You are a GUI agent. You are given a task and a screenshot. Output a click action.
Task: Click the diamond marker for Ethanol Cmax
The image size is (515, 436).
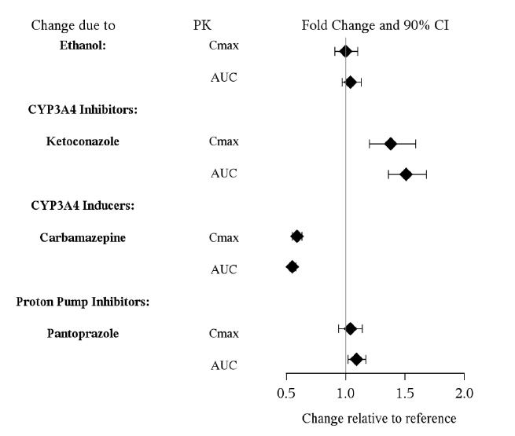click(345, 52)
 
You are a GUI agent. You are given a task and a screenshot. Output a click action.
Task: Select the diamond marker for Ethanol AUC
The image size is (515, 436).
click(350, 82)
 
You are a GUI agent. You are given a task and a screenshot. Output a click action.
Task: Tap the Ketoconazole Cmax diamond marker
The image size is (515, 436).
click(390, 144)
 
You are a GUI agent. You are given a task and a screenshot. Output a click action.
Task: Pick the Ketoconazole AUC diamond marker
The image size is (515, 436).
click(406, 174)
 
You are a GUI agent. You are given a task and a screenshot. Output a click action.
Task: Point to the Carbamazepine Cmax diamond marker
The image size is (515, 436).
click(296, 236)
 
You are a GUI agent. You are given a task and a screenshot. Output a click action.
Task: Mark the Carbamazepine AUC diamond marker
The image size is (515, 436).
click(292, 267)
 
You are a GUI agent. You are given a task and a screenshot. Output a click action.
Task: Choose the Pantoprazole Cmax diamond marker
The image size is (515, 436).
click(351, 328)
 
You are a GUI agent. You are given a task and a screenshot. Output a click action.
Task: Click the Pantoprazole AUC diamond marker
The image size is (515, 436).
click(356, 359)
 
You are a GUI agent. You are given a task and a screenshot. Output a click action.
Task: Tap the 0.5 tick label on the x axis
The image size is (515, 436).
click(286, 392)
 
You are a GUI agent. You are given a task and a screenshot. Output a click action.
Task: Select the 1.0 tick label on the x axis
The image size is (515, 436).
click(346, 392)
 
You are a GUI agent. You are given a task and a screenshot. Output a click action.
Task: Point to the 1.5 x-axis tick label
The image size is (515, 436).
click(405, 392)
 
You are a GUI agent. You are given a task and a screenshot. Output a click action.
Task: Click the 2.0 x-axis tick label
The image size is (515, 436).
click(465, 392)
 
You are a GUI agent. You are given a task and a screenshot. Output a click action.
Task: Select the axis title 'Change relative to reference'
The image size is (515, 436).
click(378, 418)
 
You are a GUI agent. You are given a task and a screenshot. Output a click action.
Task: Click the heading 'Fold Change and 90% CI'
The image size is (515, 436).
click(375, 26)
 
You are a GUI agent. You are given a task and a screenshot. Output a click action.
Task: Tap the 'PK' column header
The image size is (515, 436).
click(202, 26)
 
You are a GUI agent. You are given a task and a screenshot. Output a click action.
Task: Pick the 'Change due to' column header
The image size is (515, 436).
click(72, 26)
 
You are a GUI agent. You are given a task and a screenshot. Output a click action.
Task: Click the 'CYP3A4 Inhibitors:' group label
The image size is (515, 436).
click(83, 109)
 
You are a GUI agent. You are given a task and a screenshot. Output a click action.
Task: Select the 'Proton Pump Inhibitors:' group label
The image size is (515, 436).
click(83, 301)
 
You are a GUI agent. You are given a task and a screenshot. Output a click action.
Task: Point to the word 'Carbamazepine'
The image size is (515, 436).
click(83, 237)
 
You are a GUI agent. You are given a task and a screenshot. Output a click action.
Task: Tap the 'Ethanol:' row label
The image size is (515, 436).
click(83, 46)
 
